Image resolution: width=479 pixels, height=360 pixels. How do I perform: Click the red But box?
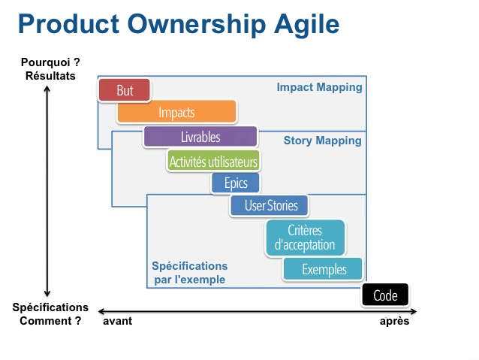pyautogui.click(x=125, y=90)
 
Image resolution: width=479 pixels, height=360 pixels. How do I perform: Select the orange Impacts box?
pyautogui.click(x=176, y=112)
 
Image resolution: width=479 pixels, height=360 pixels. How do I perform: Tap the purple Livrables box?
pyautogui.click(x=200, y=137)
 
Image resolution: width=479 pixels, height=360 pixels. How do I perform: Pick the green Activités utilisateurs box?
pyautogui.click(x=213, y=161)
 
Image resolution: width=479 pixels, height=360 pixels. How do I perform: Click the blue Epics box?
pyautogui.click(x=236, y=183)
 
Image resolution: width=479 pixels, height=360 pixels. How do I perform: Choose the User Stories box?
pyautogui.click(x=269, y=205)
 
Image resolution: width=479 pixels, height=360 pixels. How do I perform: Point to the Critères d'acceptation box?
pyautogui.click(x=305, y=238)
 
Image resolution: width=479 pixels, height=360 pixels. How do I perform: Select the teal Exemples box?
pyautogui.click(x=323, y=269)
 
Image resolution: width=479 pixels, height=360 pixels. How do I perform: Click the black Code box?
pyautogui.click(x=385, y=295)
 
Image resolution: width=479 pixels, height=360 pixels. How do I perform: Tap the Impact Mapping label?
pyautogui.click(x=319, y=87)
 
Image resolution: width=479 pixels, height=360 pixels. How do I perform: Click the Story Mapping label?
pyautogui.click(x=322, y=141)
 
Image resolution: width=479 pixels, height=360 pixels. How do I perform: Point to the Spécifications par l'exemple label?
pyautogui.click(x=190, y=273)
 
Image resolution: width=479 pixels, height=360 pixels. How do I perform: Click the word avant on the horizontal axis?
pyautogui.click(x=118, y=321)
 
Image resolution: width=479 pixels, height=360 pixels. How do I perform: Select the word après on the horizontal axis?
pyautogui.click(x=394, y=321)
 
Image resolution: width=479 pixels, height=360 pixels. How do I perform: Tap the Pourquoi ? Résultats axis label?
pyautogui.click(x=50, y=69)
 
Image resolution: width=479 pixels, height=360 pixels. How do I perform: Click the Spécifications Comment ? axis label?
pyautogui.click(x=50, y=314)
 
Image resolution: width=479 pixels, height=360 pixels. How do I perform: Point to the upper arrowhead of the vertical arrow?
pyautogui.click(x=47, y=87)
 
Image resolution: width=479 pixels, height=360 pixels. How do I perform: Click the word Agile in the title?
pyautogui.click(x=307, y=26)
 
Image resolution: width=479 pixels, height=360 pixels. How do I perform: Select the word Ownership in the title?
pyautogui.click(x=197, y=25)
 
